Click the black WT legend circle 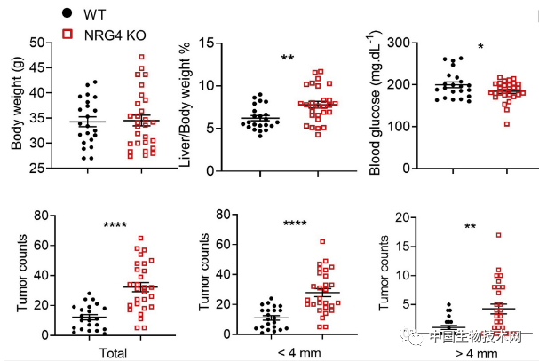67,14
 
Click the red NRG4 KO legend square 67,33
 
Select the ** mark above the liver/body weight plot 288,59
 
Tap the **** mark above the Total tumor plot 116,225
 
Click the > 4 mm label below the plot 473,352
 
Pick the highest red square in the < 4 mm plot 322,241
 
